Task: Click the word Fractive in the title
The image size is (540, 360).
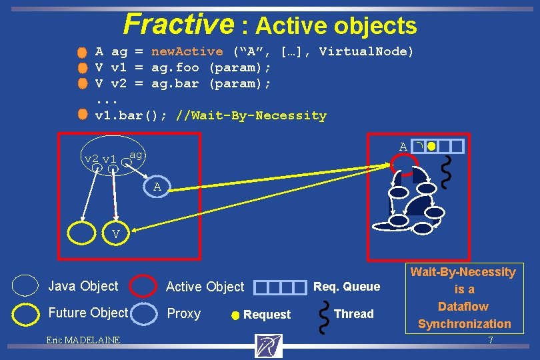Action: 178,24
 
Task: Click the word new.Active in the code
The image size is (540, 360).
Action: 187,51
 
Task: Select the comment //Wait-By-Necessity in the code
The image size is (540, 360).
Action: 251,115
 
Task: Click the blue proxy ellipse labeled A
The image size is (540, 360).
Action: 157,187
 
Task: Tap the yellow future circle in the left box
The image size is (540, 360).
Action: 83,233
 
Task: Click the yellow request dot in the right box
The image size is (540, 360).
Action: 431,146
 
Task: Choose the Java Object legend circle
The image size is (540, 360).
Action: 26,285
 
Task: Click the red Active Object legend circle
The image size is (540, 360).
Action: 143,286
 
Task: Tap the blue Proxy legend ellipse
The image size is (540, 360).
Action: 143,313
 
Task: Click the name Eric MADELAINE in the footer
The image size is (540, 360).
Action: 83,341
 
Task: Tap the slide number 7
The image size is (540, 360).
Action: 490,341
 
